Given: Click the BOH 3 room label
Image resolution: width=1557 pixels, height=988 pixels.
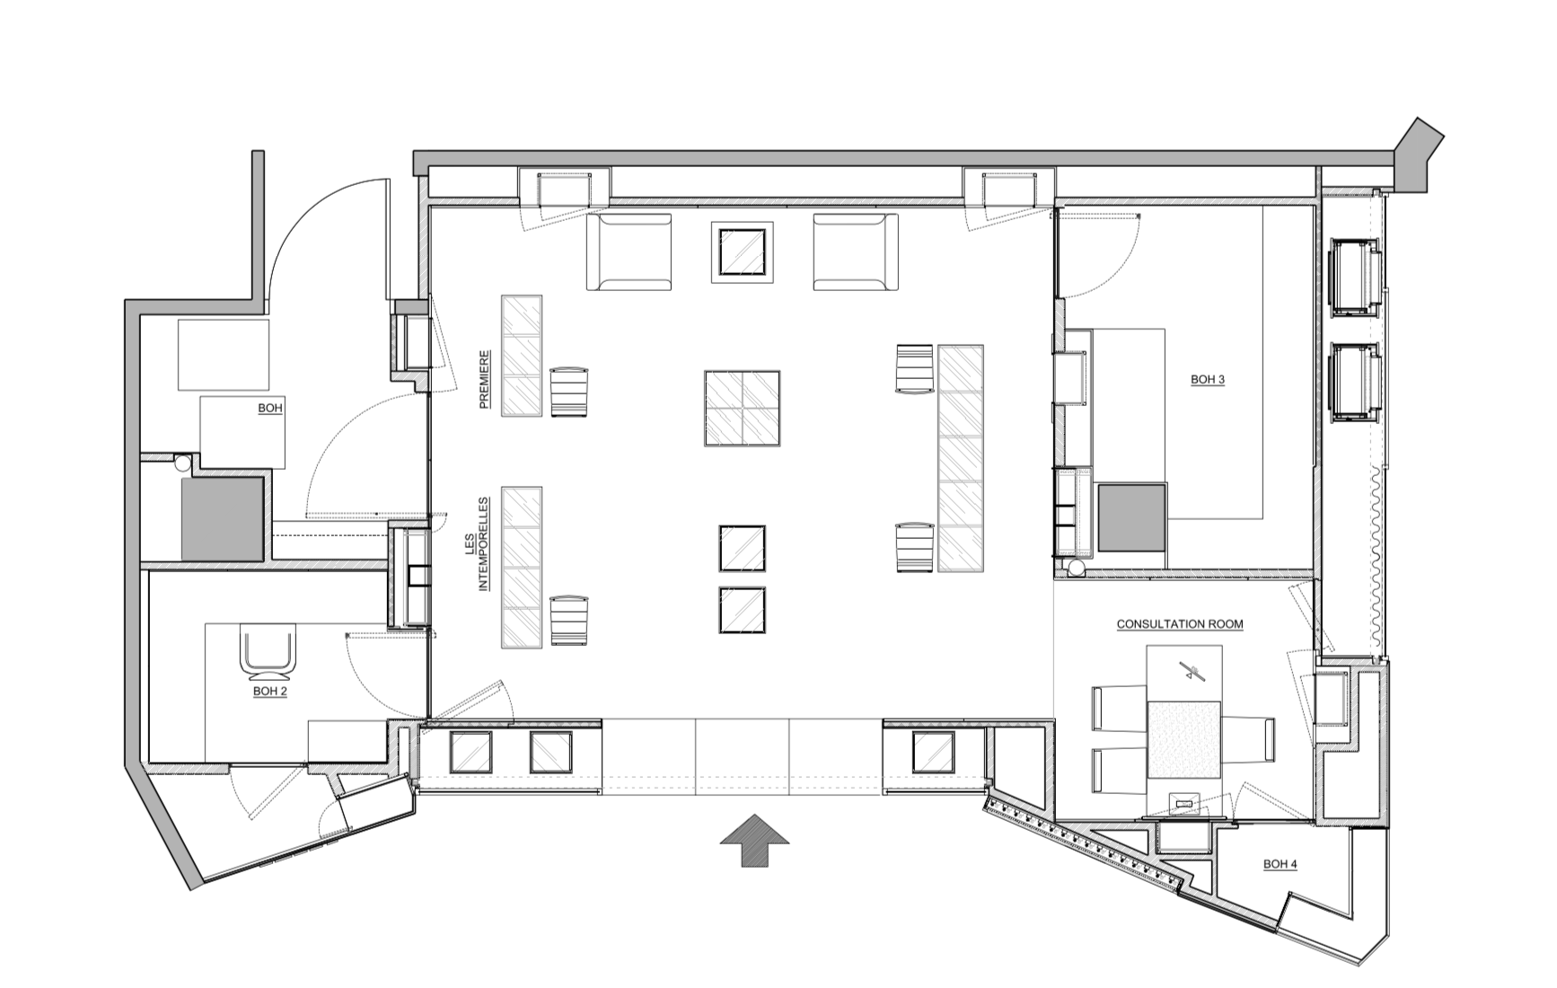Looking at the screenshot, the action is click(1208, 379).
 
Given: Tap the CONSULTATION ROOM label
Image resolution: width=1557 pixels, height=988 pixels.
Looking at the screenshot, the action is click(1180, 623).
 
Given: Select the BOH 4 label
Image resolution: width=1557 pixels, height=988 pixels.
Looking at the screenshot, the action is click(1280, 864).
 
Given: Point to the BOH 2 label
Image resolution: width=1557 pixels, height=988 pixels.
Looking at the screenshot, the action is click(269, 691).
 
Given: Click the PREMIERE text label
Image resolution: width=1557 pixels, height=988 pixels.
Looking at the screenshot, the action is click(485, 379).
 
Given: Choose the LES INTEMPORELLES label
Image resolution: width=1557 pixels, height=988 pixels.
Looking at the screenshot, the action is click(477, 544).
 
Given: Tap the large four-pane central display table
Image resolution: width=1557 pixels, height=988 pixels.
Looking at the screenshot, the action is click(742, 408).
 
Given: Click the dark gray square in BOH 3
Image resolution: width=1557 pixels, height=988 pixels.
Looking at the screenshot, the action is click(1131, 517).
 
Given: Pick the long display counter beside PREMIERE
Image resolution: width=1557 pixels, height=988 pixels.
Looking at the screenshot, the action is click(522, 356).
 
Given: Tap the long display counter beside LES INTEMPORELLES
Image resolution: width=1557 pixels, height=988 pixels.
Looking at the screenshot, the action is click(522, 568).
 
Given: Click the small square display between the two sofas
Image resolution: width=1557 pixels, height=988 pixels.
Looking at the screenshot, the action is click(742, 252).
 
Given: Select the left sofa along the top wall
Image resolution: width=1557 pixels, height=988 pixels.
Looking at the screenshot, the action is click(629, 251).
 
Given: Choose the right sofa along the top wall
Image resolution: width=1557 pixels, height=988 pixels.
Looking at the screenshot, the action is click(856, 251).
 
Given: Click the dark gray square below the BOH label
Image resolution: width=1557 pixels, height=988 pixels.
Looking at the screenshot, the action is click(223, 519).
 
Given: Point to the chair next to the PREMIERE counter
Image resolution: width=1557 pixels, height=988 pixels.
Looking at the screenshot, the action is click(569, 392).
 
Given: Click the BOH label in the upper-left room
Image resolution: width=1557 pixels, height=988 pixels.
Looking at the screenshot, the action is click(270, 408).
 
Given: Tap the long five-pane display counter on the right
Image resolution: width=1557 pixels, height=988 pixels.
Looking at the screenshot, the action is click(961, 458).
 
